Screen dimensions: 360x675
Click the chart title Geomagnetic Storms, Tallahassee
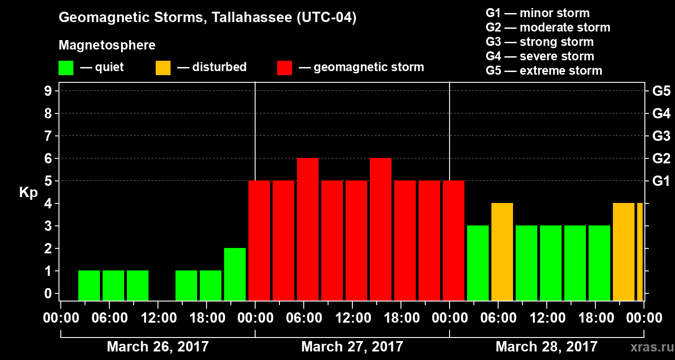(x=207, y=18)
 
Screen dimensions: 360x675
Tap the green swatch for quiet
(x=66, y=68)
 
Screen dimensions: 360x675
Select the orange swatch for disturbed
(x=163, y=68)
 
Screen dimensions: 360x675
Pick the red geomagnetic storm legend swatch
(x=284, y=68)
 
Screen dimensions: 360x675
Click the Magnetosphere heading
(x=107, y=45)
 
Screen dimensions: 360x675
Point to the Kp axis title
(x=28, y=192)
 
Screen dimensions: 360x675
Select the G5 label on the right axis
(x=661, y=91)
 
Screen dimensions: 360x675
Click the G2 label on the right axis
(x=661, y=158)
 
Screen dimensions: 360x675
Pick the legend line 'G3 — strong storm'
(x=540, y=42)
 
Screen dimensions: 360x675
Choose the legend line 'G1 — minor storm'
(x=537, y=13)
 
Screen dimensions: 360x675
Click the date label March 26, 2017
(x=157, y=347)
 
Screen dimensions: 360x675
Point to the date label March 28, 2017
(x=546, y=347)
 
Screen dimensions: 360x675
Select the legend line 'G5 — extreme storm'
(x=544, y=71)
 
